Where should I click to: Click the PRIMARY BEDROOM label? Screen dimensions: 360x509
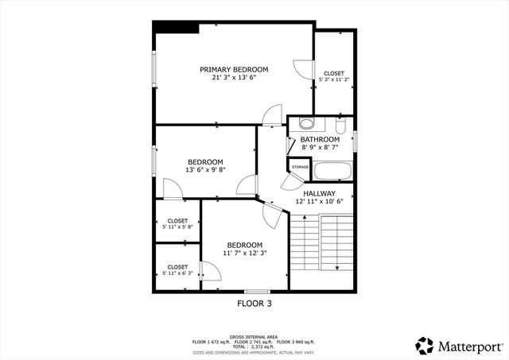[x=234, y=69]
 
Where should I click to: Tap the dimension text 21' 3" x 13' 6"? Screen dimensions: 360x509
[x=234, y=78]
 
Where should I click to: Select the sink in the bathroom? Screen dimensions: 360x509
[x=306, y=124]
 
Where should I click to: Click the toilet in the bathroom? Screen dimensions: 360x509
[x=340, y=126]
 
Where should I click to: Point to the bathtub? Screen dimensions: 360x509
[x=332, y=170]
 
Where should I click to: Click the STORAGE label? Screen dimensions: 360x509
[x=300, y=167]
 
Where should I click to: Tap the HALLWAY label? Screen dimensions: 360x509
[x=319, y=193]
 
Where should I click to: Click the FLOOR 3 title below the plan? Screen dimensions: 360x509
[x=254, y=304]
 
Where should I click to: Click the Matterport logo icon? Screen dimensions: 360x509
[x=424, y=345]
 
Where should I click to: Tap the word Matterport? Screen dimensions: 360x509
[x=469, y=346]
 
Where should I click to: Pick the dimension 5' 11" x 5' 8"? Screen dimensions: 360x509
[x=177, y=227]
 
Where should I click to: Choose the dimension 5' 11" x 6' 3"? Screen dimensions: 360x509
[x=177, y=273]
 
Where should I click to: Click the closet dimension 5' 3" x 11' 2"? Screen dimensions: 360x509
[x=334, y=79]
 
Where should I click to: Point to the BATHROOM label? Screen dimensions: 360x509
[x=320, y=139]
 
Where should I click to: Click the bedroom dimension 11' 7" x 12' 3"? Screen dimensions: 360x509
[x=245, y=253]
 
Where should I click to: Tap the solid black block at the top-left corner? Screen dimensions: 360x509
[x=176, y=28]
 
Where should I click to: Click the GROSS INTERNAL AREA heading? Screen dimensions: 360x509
[x=254, y=337]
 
